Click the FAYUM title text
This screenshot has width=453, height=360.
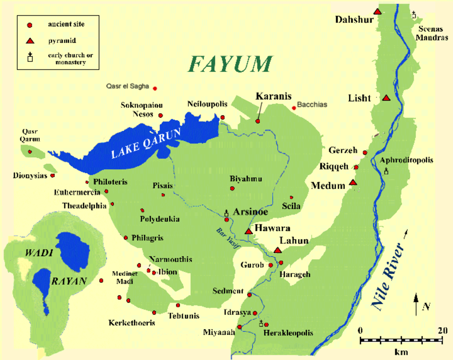230,64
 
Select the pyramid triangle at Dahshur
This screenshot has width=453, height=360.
377,11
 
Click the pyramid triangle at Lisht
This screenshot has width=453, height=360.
386,98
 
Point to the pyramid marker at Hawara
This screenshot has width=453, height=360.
248,231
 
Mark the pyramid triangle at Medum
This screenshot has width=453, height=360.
353,182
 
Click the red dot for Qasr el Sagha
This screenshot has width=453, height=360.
155,89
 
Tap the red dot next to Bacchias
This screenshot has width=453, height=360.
294,106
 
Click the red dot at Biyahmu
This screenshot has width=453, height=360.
232,188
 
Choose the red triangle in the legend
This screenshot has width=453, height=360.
30,40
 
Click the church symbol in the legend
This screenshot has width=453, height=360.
30,57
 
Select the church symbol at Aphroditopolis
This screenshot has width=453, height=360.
387,171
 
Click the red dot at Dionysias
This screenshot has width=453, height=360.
52,176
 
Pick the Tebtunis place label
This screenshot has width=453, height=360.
184,316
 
